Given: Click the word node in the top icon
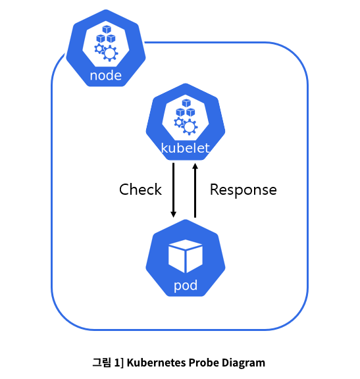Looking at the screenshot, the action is click(x=106, y=76).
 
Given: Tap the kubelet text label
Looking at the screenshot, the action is click(x=185, y=148).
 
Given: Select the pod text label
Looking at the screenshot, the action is click(x=186, y=286).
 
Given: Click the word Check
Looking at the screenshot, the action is click(x=140, y=189).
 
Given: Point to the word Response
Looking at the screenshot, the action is click(x=244, y=189).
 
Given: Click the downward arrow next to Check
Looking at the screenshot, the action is click(x=173, y=190).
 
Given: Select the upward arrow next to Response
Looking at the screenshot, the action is click(x=195, y=190).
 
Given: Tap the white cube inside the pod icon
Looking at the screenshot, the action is click(x=186, y=256).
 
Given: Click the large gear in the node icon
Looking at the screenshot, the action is click(x=110, y=53).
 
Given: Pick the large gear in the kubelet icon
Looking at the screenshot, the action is click(x=190, y=127).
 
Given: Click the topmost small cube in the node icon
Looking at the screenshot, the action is click(x=107, y=30).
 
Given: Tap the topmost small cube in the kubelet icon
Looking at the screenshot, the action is click(x=186, y=103).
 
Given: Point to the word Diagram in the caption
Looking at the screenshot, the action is click(x=244, y=363).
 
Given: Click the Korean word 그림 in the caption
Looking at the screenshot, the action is click(x=102, y=363).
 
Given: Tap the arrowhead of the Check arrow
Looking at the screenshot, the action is click(x=173, y=214).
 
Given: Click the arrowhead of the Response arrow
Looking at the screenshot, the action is click(x=195, y=166).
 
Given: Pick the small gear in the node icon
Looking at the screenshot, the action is click(x=99, y=49).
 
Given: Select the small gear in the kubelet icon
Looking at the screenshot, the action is click(x=178, y=122).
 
